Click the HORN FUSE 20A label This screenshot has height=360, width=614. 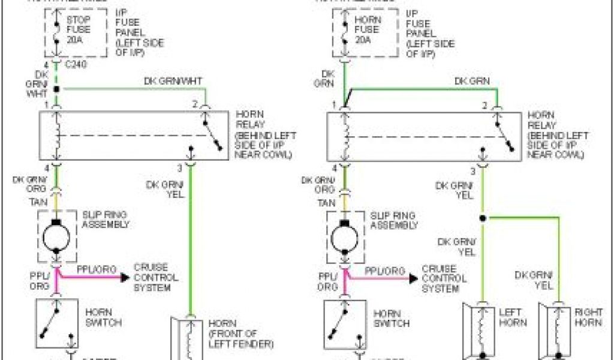(367, 29)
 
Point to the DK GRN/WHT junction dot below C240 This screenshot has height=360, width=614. (56, 89)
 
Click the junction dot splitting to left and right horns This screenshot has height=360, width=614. (481, 217)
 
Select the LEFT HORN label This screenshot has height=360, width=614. (513, 317)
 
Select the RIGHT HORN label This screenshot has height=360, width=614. (588, 317)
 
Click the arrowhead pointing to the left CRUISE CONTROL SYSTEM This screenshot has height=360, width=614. (124, 277)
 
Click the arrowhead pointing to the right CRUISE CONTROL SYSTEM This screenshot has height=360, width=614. (413, 278)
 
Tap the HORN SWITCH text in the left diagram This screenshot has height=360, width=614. (103, 317)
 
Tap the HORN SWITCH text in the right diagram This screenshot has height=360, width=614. (392, 318)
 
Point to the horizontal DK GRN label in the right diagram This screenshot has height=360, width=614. (472, 81)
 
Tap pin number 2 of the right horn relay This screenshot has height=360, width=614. (484, 105)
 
